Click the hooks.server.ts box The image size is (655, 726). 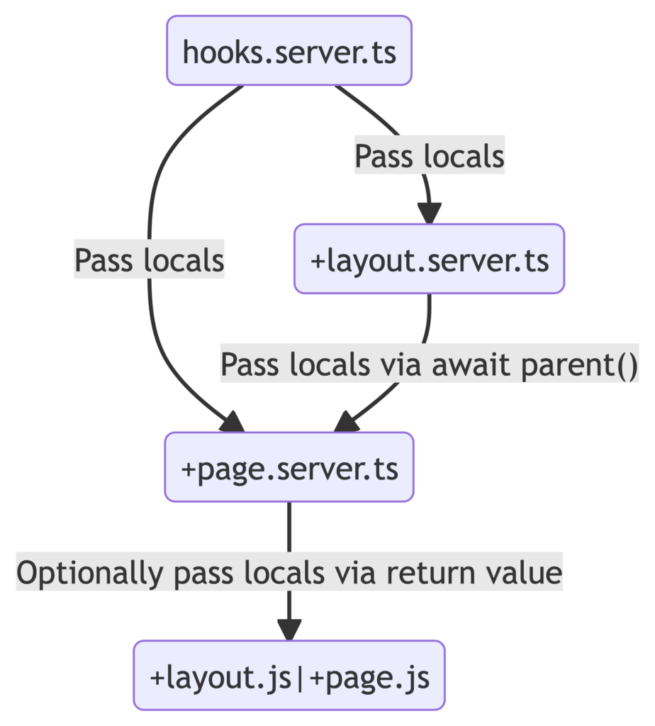(x=289, y=51)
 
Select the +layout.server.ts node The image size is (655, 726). (x=429, y=259)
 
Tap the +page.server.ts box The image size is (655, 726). (x=289, y=468)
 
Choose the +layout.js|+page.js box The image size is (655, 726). (x=289, y=676)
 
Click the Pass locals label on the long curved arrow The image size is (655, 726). (x=149, y=261)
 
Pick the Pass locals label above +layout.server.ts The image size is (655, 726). (x=429, y=155)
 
